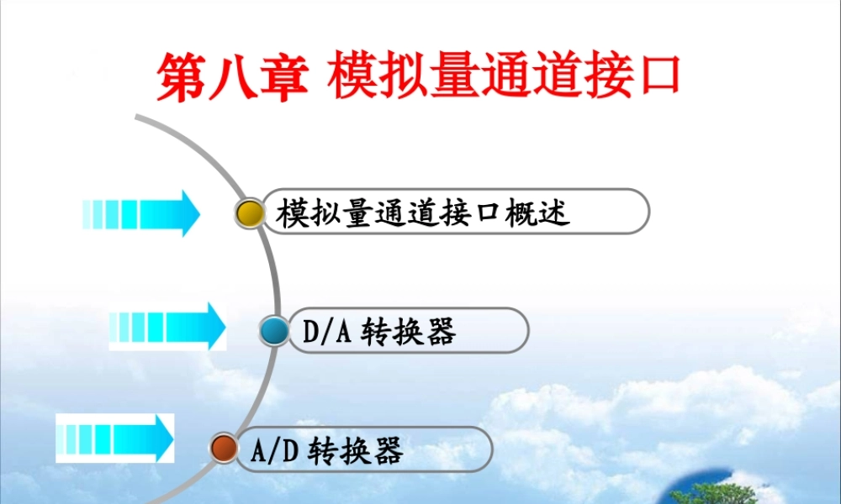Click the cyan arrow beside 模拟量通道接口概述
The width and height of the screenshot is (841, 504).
click(x=141, y=213)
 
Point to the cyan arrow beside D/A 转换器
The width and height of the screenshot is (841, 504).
click(x=167, y=326)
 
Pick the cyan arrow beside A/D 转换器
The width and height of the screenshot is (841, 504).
click(x=115, y=438)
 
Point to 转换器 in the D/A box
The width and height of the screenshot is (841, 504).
click(x=408, y=333)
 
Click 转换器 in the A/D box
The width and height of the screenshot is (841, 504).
click(x=357, y=451)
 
